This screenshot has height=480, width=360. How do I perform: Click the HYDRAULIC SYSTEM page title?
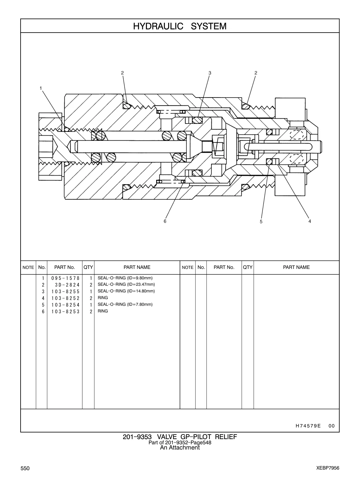coord(180,26)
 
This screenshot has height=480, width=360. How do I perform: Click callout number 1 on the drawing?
coord(41,88)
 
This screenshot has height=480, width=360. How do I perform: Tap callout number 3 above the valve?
coord(210,73)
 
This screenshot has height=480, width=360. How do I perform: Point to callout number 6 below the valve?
coord(165,221)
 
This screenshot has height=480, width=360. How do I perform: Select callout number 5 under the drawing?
coord(261,222)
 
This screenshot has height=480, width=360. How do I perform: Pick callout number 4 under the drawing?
coord(310,221)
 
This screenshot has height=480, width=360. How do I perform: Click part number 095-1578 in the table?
coord(65,278)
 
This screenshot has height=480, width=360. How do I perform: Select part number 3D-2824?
coord(67,285)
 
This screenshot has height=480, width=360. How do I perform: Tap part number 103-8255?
coord(65,292)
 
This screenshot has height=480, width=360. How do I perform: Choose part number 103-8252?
coord(65,298)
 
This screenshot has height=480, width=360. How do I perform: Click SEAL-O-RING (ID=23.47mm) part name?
coord(126,284)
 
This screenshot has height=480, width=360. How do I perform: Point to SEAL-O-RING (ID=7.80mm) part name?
coord(125,304)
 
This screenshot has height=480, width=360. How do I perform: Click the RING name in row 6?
coord(103,311)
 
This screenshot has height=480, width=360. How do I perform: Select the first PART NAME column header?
coord(137,267)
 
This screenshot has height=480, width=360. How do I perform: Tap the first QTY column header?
coord(88,267)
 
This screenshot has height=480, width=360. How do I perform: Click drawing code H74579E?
coord(308,426)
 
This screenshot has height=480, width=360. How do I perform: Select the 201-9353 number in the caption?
coord(137,437)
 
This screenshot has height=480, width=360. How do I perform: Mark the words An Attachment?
coord(180,448)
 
